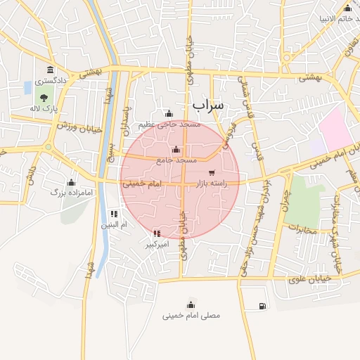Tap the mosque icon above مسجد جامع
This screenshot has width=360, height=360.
[176, 150]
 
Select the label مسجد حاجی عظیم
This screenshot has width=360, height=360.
[169, 124]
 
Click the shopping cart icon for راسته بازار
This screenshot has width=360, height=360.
[212, 172]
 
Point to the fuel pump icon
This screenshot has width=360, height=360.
[262, 306]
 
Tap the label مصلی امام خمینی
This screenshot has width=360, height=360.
[191, 316]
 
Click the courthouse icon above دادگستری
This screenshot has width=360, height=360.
[50, 70]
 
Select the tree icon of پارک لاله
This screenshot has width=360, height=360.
[44, 98]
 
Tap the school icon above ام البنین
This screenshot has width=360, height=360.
[114, 214]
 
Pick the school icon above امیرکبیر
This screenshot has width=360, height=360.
[156, 233]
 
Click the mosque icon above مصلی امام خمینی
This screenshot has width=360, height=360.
[191, 304]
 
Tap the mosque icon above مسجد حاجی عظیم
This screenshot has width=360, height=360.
[168, 113]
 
